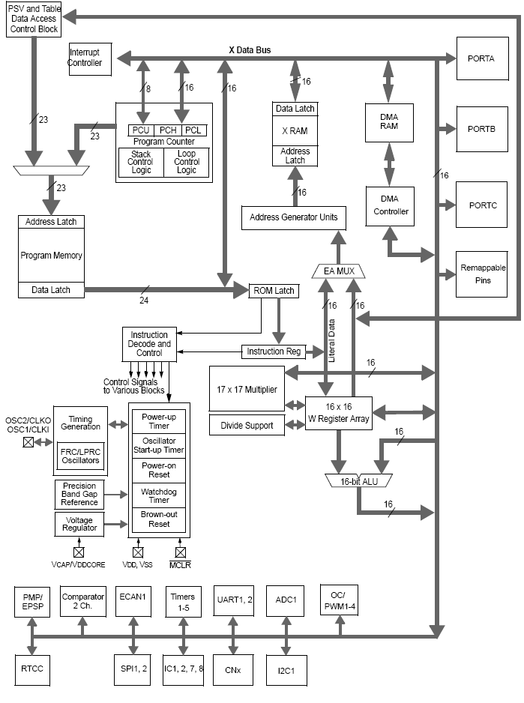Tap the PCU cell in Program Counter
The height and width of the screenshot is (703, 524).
tap(139, 130)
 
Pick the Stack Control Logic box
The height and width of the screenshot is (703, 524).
tap(141, 162)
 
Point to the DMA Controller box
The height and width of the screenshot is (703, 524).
tap(391, 205)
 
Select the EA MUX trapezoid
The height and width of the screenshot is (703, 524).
tap(338, 271)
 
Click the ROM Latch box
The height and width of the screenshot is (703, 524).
tap(274, 291)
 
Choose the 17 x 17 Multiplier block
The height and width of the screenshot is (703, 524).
tap(247, 390)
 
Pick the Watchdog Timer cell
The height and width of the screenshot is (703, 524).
tap(158, 495)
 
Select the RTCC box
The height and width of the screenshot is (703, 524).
tap(32, 669)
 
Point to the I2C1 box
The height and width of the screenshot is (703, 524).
tap(286, 669)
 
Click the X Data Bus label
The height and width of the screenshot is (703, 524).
tap(250, 50)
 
